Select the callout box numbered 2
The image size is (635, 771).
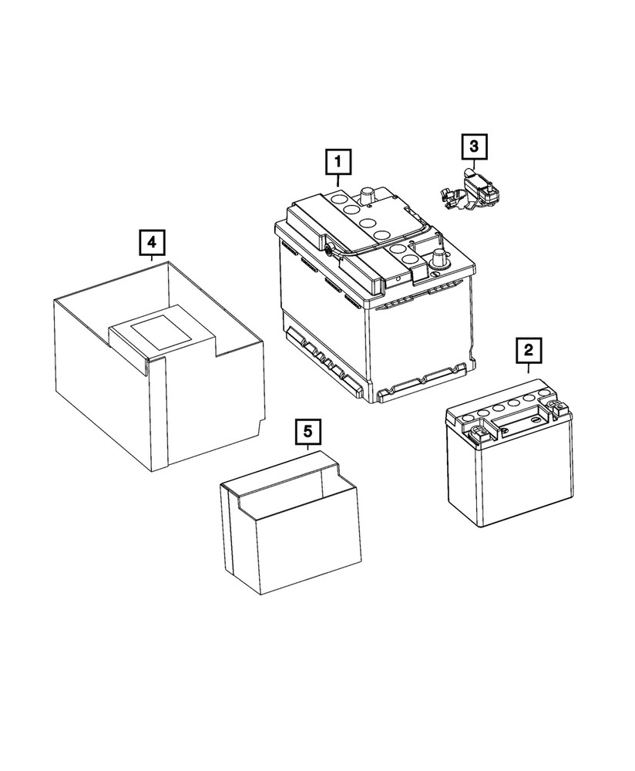pos(528,351)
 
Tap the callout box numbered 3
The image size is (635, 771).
pos(474,145)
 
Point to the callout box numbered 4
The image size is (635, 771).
pos(152,242)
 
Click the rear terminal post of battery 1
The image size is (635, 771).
pos(368,194)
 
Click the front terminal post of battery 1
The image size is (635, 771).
pos(438,258)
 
